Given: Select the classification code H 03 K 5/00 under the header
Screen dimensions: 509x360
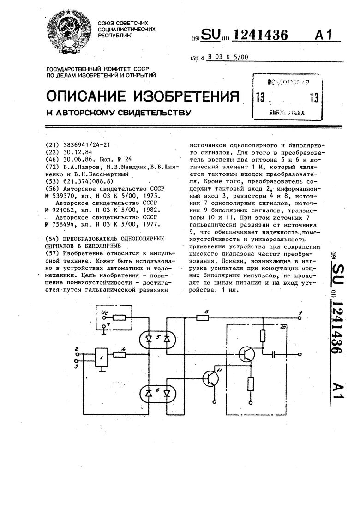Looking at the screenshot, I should pyautogui.click(x=228, y=57).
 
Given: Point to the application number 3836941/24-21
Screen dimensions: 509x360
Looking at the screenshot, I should pyautogui.click(x=87, y=145).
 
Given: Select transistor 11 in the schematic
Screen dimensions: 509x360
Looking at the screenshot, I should pyautogui.click(x=211, y=378).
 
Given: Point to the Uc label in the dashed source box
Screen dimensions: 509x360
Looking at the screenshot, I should pyautogui.click(x=104, y=314).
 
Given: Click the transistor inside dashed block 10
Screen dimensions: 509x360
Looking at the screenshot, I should pyautogui.click(x=247, y=354).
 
